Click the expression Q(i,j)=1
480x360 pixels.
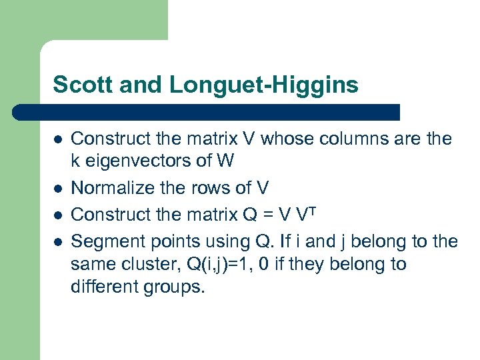pyautogui.click(x=227, y=265)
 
